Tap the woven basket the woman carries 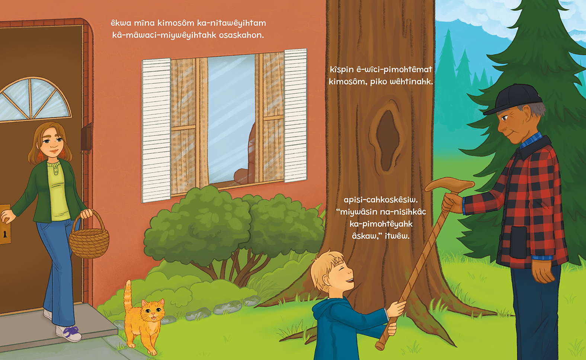pos(89,238)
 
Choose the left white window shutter pos(156,130)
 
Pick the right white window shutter pos(295,115)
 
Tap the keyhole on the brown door pos(5,235)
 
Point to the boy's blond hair pos(324,269)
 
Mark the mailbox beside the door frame pos(86,138)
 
